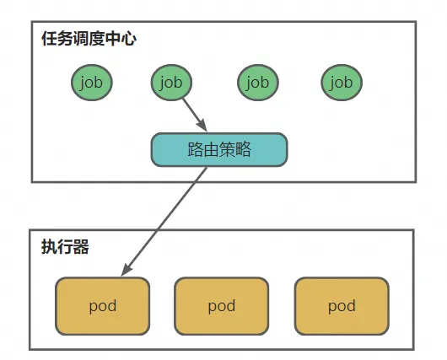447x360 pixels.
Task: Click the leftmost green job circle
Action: coord(92,83)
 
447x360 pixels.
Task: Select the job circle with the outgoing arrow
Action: coord(171,83)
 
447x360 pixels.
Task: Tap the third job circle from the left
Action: coord(258,83)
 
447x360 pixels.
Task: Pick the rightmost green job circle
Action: coord(342,83)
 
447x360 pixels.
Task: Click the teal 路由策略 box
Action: coord(219,149)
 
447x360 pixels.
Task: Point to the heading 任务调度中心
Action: coord(89,39)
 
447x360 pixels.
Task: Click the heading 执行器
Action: coord(65,246)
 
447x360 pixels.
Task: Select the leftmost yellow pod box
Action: coord(103,306)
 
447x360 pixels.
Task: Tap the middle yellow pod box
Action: coord(222,306)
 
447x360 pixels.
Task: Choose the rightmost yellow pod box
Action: coord(342,306)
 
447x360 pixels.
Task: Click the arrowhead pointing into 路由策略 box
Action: coord(202,126)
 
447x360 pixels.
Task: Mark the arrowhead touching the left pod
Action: coord(126,270)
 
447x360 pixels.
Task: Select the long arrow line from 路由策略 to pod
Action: coord(164,222)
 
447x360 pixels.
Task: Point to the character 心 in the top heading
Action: coord(128,39)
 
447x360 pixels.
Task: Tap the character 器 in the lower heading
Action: coord(81,247)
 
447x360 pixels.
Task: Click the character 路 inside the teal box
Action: coord(196,149)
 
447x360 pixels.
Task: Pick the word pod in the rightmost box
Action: coord(342,306)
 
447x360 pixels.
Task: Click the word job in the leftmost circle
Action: coord(92,83)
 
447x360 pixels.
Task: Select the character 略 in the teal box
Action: coord(243,149)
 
